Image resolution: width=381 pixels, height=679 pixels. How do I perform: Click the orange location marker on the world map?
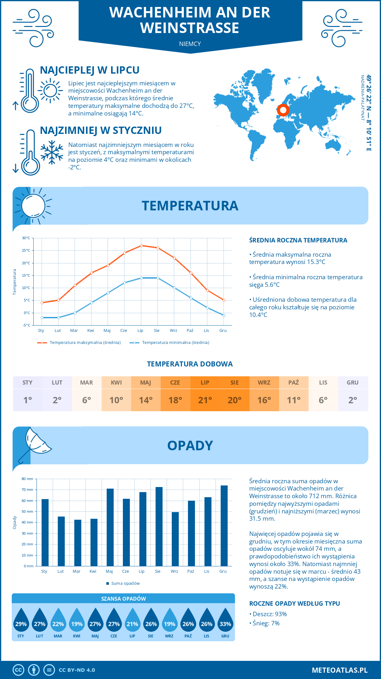click(283, 110)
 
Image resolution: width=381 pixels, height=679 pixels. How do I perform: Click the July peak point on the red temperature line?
click(141, 246)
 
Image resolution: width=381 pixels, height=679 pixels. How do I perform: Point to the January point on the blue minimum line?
click(42, 318)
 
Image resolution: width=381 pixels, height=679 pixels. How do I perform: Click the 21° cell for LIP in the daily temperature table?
click(205, 400)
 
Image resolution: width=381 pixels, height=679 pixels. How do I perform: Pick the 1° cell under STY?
click(28, 400)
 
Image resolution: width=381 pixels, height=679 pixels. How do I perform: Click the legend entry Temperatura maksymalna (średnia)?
click(85, 343)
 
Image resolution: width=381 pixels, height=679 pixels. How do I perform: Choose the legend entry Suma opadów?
click(125, 583)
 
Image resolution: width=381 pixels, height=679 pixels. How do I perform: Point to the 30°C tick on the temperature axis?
click(26, 238)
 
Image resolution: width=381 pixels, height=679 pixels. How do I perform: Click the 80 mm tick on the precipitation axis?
click(28, 479)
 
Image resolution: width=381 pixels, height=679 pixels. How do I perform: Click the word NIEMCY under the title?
click(190, 44)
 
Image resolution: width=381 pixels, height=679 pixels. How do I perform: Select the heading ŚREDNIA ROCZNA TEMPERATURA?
click(298, 240)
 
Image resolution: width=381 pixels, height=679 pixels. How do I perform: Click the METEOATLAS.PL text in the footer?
click(339, 670)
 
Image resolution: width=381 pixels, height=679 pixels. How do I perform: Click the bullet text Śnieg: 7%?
click(266, 623)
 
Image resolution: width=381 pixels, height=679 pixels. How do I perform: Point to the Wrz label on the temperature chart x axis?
click(173, 331)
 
